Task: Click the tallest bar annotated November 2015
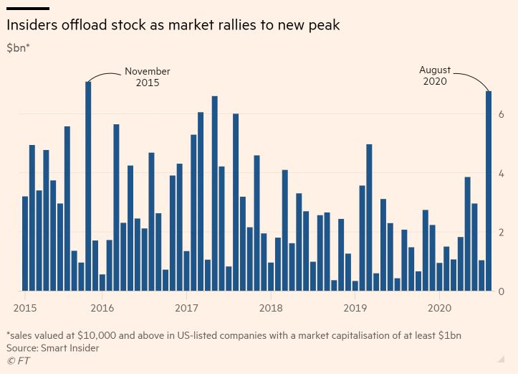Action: (88, 187)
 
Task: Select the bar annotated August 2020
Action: (489, 191)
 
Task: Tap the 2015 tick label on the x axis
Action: (25, 307)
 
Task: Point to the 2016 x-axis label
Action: (102, 307)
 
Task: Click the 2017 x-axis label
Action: (186, 307)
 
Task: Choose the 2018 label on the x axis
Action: (271, 307)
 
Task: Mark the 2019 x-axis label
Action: (355, 307)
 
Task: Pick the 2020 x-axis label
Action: (439, 307)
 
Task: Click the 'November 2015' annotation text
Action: (148, 77)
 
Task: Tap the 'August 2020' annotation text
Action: (435, 75)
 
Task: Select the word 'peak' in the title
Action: (323, 26)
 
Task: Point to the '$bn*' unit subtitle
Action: (18, 48)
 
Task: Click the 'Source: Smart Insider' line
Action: (52, 347)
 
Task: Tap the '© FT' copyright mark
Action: (18, 360)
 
